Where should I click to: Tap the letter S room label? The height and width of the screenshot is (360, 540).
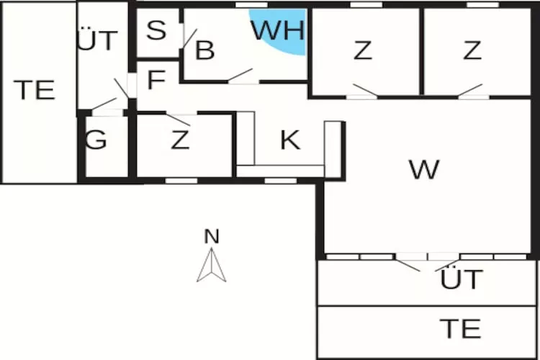(x=156, y=30)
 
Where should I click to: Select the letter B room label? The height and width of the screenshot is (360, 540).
(x=205, y=50)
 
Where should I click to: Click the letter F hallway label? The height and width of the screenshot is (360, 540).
(x=156, y=80)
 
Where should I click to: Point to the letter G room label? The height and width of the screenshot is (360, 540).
(x=96, y=140)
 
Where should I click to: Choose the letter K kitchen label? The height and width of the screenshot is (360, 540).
(x=289, y=140)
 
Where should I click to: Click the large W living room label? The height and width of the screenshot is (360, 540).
(x=423, y=170)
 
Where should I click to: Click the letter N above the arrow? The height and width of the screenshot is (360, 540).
(x=211, y=235)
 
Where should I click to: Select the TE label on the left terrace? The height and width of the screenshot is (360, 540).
(x=35, y=90)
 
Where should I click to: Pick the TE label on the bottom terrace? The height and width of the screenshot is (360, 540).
(x=461, y=328)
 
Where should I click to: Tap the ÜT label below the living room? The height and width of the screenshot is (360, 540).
(x=461, y=279)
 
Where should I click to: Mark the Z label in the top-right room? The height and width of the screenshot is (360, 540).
(x=472, y=50)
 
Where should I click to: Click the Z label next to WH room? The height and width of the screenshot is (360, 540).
(x=363, y=50)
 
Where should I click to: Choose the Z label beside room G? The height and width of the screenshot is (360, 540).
(x=180, y=140)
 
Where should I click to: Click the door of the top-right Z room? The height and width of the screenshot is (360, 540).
(x=469, y=90)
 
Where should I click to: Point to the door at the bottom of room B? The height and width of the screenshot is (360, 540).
(x=240, y=75)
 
